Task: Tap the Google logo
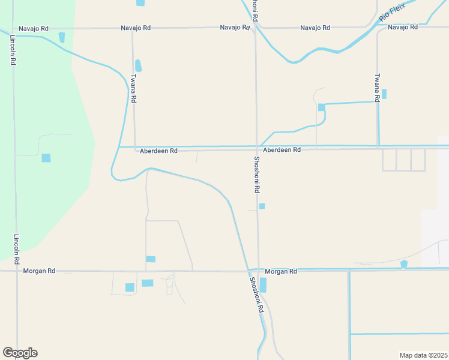tap(20, 353)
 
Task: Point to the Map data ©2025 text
tap(423, 355)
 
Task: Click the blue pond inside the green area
tap(46, 158)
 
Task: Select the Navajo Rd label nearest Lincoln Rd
tap(34, 28)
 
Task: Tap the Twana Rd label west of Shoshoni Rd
tap(134, 89)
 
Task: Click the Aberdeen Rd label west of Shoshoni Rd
tap(158, 151)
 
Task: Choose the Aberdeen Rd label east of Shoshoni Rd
tap(282, 149)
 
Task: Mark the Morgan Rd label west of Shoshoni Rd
tap(39, 271)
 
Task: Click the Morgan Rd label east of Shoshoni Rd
tap(281, 271)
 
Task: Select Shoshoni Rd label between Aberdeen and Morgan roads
tap(256, 174)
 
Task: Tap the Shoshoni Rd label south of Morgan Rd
tap(256, 295)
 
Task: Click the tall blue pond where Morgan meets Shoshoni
tap(263, 285)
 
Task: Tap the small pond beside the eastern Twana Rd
tap(384, 94)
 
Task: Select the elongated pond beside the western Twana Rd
tap(139, 65)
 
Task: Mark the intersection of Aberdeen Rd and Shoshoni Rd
tap(257, 148)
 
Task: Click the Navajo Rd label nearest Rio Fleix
tap(402, 28)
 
